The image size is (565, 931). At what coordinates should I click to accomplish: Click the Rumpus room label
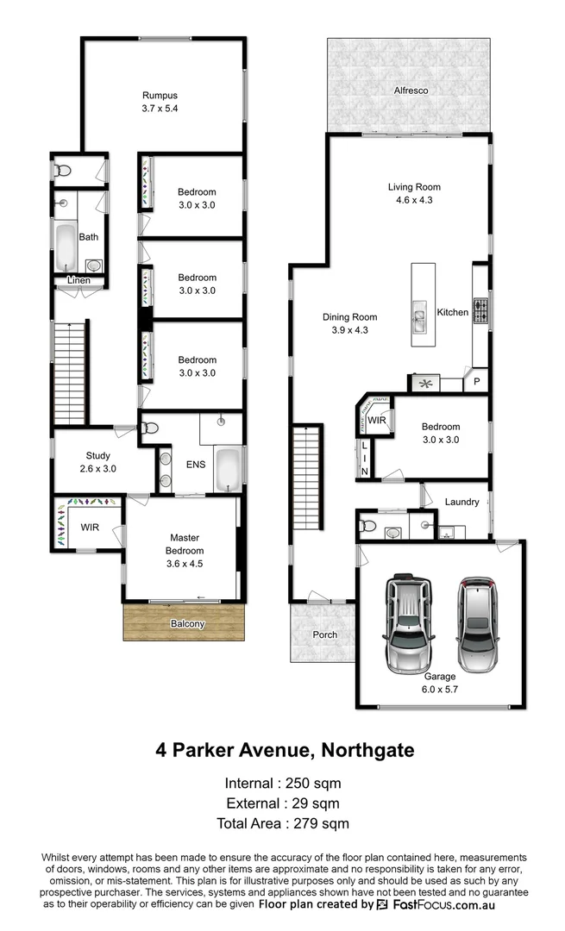coord(160,96)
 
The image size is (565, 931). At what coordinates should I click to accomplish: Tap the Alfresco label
coord(411,90)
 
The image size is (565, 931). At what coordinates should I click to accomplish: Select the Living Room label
coord(414,187)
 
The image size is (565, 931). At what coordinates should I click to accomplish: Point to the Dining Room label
coord(350,317)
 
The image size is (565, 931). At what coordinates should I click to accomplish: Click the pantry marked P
coord(476,380)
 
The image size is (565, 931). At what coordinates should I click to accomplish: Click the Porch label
coord(324,635)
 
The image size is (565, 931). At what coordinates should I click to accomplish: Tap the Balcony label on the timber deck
coord(186,624)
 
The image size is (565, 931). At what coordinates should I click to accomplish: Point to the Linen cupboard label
coord(79,281)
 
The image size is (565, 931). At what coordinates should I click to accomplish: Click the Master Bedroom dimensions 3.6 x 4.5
coord(185,563)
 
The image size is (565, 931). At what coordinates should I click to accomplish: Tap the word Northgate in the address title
coord(367,750)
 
